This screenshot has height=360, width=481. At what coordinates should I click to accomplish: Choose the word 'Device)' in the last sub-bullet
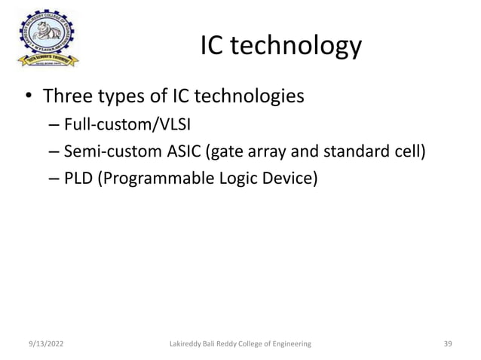[x=291, y=178]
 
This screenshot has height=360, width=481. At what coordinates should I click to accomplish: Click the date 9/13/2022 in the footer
[x=43, y=344]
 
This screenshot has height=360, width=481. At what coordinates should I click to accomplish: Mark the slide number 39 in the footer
[x=447, y=344]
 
